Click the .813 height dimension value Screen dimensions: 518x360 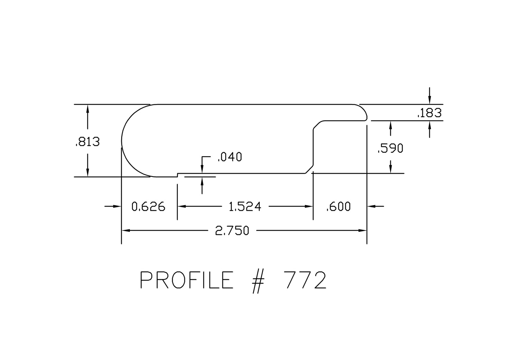pyautogui.click(x=88, y=142)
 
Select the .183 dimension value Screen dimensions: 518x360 pyautogui.click(x=430, y=113)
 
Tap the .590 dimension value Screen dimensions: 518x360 pyautogui.click(x=391, y=148)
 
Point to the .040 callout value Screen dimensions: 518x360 pyautogui.click(x=230, y=157)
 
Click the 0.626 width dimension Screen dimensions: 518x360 pyautogui.click(x=148, y=207)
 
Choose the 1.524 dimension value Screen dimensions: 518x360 pyautogui.click(x=245, y=207)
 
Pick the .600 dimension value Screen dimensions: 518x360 pyautogui.click(x=338, y=207)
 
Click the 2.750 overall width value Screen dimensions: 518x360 pyautogui.click(x=232, y=231)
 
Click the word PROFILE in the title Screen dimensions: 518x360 pyautogui.click(x=186, y=280)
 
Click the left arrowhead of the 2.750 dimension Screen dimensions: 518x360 pyautogui.click(x=126, y=230)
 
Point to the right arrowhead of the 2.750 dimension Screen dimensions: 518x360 pyautogui.click(x=362, y=230)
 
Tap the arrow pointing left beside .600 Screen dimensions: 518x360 pyautogui.click(x=376, y=206)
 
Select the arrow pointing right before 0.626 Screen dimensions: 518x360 pyautogui.click(x=113, y=206)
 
